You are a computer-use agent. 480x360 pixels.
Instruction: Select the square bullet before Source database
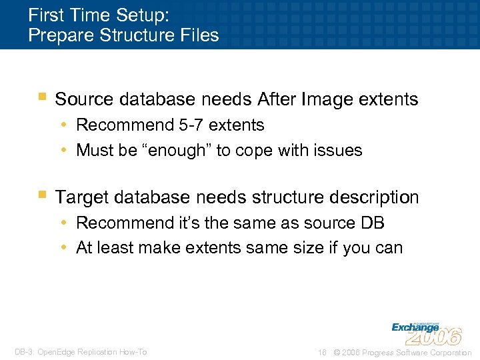pos(43,97)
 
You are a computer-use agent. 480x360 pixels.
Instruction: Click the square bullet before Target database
pos(43,195)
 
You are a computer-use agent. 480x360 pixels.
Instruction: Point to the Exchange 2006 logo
pos(425,331)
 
